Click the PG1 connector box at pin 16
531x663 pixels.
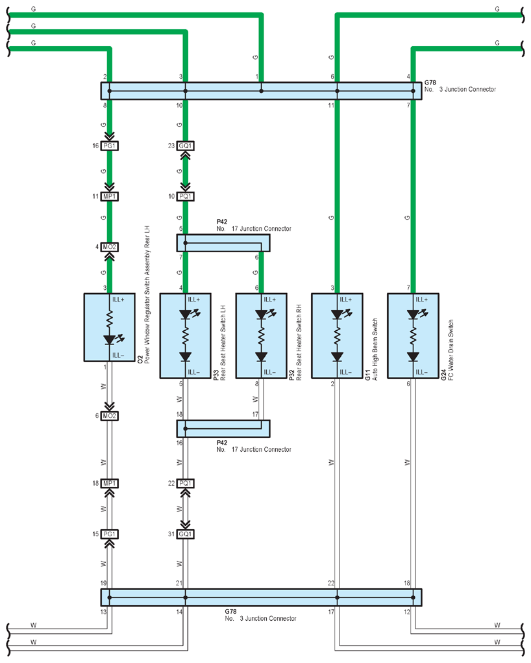pos(110,146)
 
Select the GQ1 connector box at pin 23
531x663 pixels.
pos(186,146)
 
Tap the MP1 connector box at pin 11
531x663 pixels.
pos(110,196)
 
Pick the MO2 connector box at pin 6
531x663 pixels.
pos(110,416)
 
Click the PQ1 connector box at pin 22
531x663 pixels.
pos(186,484)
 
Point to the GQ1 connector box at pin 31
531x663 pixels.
pos(186,534)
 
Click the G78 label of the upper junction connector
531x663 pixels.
pos(430,83)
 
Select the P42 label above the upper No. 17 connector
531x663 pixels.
pos(222,222)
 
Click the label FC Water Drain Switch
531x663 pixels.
pos(451,350)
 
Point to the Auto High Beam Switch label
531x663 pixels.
pos(375,350)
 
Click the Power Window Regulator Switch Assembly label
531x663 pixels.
pos(147,294)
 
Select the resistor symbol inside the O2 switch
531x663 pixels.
pos(110,318)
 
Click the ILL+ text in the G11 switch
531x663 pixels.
pos(345,300)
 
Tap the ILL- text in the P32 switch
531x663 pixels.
pos(269,372)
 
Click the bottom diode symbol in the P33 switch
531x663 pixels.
pos(186,357)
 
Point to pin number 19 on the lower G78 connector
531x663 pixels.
pos(103,583)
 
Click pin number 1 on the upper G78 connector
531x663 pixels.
pos(257,77)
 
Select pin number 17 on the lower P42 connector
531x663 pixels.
pos(255,415)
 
